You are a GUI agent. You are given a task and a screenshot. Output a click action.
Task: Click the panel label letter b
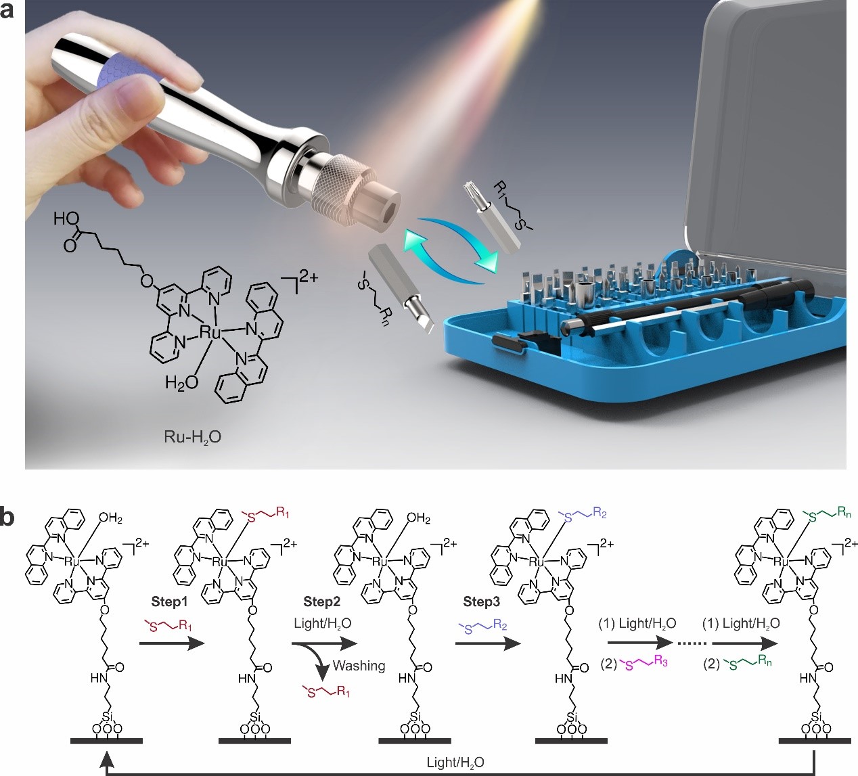[7, 518]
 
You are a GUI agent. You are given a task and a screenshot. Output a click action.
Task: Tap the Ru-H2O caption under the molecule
[192, 437]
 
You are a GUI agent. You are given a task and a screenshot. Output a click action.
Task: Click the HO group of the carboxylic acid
[66, 219]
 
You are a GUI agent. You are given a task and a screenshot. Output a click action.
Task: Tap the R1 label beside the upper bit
[499, 188]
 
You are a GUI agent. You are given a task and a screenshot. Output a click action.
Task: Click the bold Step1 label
[169, 601]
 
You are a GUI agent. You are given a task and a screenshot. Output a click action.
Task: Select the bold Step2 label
[321, 601]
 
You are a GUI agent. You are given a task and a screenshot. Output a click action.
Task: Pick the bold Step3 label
[482, 601]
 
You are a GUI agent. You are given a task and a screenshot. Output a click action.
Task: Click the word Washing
[359, 666]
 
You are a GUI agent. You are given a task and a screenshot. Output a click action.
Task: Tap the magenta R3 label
[660, 662]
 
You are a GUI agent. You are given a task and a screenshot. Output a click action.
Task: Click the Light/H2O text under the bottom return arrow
[455, 762]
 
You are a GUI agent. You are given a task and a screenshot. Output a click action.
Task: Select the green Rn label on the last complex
[844, 512]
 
